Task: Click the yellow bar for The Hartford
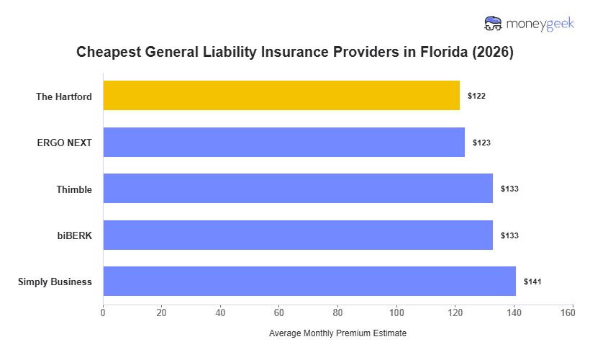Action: pyautogui.click(x=281, y=96)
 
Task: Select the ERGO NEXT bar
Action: pyautogui.click(x=283, y=143)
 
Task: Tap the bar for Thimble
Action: pyautogui.click(x=298, y=189)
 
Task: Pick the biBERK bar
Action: pyautogui.click(x=298, y=235)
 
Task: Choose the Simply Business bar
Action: pyautogui.click(x=309, y=282)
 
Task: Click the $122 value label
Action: pyautogui.click(x=476, y=96)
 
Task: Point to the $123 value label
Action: pyautogui.click(x=481, y=143)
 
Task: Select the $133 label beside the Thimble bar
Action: pyautogui.click(x=509, y=189)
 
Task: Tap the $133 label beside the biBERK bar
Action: pyautogui.click(x=509, y=235)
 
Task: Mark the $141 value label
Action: pyautogui.click(x=532, y=282)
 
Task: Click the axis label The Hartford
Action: pyautogui.click(x=64, y=96)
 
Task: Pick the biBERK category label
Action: pyautogui.click(x=74, y=235)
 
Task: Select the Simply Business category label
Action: pyautogui.click(x=55, y=282)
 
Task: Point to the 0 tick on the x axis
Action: pyautogui.click(x=103, y=312)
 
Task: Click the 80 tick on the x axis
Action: pyautogui.click(x=338, y=312)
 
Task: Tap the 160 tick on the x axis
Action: pyautogui.click(x=573, y=312)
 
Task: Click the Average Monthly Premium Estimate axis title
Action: pyautogui.click(x=337, y=334)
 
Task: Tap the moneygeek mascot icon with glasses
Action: pyautogui.click(x=494, y=24)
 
